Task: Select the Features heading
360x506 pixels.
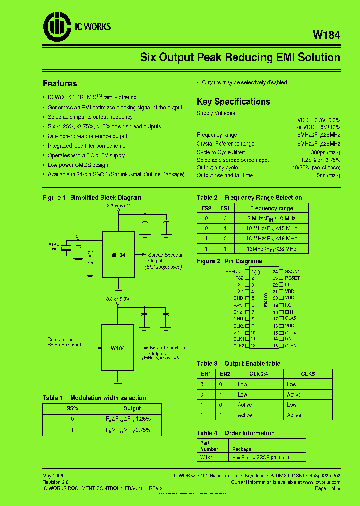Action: click(x=60, y=83)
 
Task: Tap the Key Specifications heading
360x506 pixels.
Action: click(x=233, y=101)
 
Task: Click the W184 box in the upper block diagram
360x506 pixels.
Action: click(x=118, y=254)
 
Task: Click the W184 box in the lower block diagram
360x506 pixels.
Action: click(x=118, y=348)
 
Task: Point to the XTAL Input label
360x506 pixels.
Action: click(x=54, y=246)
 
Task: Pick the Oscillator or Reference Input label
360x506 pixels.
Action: click(x=64, y=342)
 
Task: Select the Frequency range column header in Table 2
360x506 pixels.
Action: click(x=271, y=208)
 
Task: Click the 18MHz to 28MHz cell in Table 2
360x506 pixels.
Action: click(x=271, y=248)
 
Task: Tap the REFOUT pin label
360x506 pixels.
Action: click(x=234, y=272)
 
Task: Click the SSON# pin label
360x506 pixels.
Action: click(x=292, y=272)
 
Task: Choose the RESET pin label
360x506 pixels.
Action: click(x=292, y=278)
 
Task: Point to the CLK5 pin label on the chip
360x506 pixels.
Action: click(x=290, y=318)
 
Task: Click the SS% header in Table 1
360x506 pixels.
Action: click(x=72, y=408)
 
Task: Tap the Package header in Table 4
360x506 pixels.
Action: click(x=242, y=449)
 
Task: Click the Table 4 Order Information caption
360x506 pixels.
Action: click(x=236, y=433)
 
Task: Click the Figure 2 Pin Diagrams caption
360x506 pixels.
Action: click(x=229, y=261)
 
